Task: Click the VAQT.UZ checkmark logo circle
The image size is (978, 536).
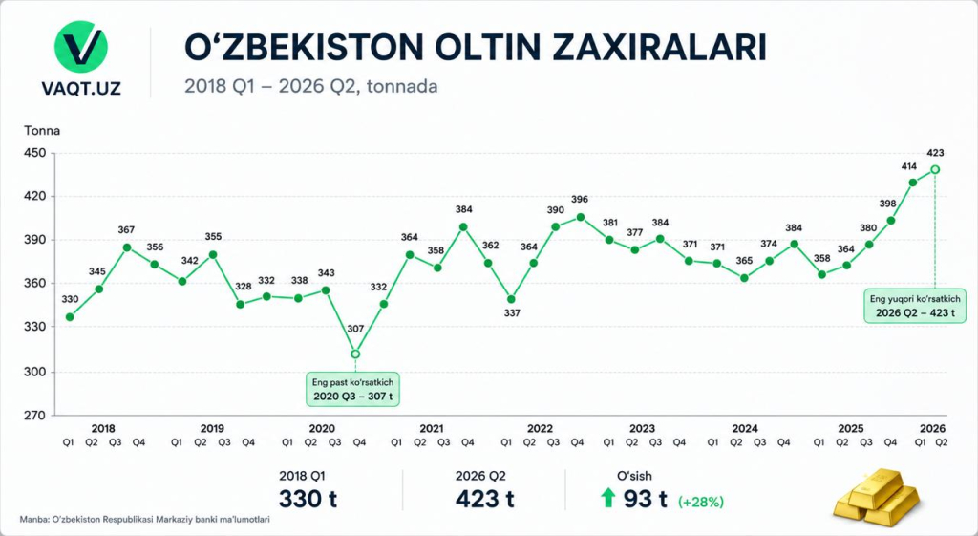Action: tap(81, 47)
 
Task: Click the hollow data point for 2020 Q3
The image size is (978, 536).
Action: tap(355, 354)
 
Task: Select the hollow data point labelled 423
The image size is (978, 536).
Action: tap(935, 169)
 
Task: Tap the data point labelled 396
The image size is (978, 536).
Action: tap(580, 217)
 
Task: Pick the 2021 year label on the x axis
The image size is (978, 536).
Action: tap(431, 429)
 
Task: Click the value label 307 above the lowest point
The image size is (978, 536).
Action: tap(355, 329)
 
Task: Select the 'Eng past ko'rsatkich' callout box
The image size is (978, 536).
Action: tap(352, 390)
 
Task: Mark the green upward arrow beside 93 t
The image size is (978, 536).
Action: tap(607, 498)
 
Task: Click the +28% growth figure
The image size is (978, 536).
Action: tap(701, 502)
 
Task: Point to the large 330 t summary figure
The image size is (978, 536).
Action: tap(308, 499)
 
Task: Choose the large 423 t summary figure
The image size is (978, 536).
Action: tap(484, 499)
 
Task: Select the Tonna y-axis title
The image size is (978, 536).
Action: tap(42, 131)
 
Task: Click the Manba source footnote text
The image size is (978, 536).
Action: tap(145, 519)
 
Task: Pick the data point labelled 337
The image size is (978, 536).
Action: tap(512, 299)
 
